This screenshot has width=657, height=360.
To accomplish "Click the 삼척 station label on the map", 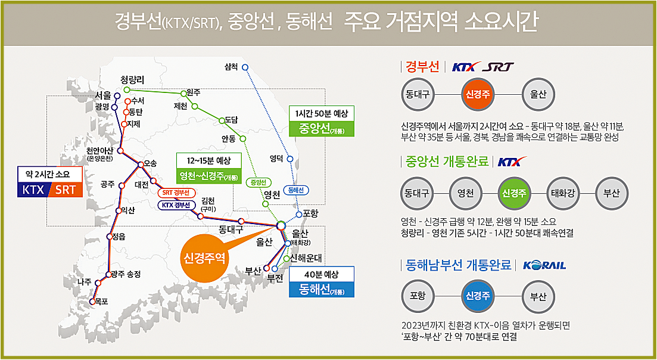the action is pyautogui.click(x=231, y=66).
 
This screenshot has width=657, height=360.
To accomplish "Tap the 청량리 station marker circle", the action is pyautogui.click(x=126, y=89).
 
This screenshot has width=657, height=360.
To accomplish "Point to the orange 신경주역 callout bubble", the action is pyautogui.click(x=205, y=258).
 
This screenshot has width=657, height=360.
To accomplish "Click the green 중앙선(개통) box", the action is pyautogui.click(x=321, y=128).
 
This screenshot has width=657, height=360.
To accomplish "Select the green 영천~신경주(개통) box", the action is pyautogui.click(x=208, y=176).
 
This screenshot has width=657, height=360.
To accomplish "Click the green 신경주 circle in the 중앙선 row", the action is pyautogui.click(x=514, y=193).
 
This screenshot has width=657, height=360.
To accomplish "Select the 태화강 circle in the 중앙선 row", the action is pyautogui.click(x=563, y=193).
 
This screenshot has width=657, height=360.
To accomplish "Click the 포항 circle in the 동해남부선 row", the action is pyautogui.click(x=418, y=296).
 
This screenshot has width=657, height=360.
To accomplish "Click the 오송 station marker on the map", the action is pyautogui.click(x=141, y=165).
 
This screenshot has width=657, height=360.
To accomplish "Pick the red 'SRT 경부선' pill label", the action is pyautogui.click(x=176, y=193).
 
